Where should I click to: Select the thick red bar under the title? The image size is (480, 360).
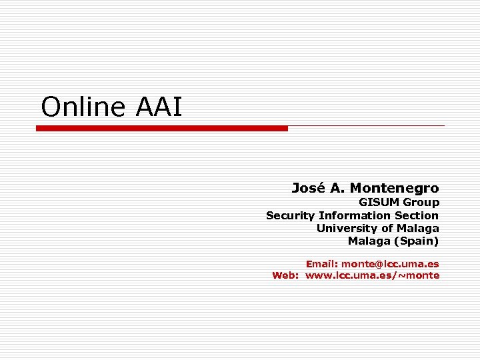(162, 128)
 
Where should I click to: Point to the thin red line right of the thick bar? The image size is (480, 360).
(366, 125)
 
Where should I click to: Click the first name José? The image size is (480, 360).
(308, 188)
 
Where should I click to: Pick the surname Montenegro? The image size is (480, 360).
(395, 188)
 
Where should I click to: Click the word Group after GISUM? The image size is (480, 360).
(421, 202)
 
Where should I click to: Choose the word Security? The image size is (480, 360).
(290, 215)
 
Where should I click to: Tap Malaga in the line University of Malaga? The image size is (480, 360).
(418, 228)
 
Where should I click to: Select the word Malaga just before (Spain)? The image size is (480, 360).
(369, 241)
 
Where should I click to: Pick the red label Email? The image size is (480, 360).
(322, 263)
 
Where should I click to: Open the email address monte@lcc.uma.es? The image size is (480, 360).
(391, 263)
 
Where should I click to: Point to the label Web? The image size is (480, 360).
(286, 275)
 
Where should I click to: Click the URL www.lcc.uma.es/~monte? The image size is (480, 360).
(373, 275)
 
